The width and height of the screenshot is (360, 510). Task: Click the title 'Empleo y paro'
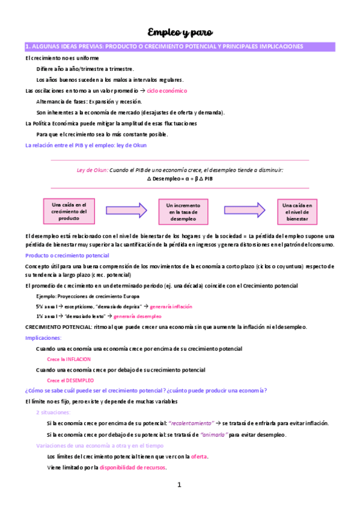(x=180, y=31)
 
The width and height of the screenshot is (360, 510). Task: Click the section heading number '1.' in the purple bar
(x=28, y=46)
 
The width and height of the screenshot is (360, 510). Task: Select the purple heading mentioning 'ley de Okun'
(x=85, y=145)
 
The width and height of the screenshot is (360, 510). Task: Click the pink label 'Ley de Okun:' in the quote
(x=92, y=170)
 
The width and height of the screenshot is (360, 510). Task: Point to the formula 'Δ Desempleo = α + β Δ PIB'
(x=180, y=179)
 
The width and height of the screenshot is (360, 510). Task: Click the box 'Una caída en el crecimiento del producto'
(x=69, y=211)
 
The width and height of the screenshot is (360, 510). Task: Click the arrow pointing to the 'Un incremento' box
(x=126, y=210)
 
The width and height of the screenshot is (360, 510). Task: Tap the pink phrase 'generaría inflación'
(x=171, y=306)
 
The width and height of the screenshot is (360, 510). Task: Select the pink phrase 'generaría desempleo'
(x=137, y=316)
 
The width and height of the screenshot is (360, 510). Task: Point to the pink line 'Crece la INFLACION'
(x=69, y=359)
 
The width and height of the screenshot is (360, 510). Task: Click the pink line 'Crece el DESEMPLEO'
(x=70, y=380)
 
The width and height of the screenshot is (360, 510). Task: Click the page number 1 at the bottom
(x=179, y=485)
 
